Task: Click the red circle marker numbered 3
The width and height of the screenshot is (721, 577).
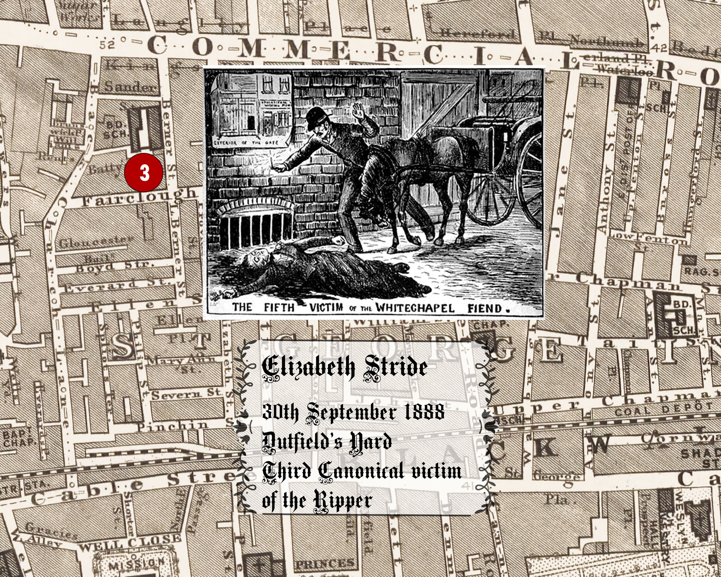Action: [144, 173]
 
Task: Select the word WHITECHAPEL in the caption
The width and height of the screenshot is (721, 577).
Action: [415, 307]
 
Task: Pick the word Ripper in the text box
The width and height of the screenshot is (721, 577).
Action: [342, 501]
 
